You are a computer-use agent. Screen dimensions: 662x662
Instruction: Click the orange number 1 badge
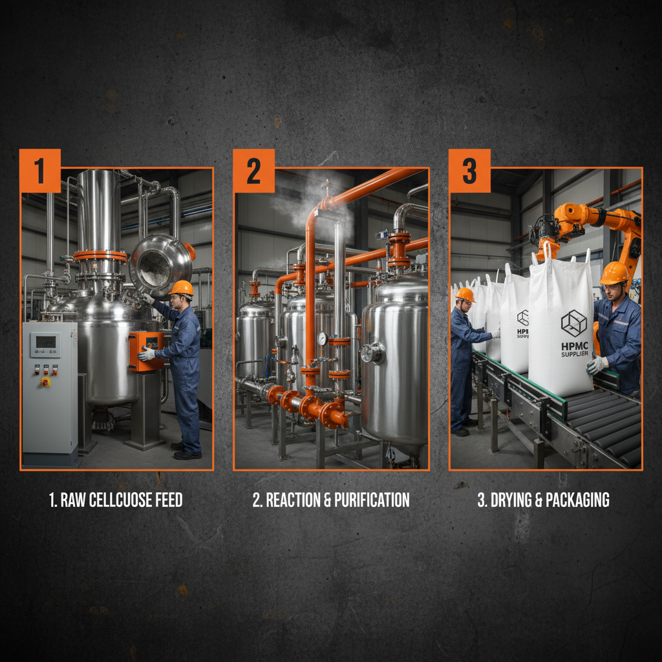point(39,171)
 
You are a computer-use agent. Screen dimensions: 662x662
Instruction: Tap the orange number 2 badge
point(253,171)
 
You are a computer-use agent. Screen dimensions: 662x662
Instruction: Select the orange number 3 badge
point(469,171)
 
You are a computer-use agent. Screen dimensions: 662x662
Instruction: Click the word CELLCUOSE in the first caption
point(118,500)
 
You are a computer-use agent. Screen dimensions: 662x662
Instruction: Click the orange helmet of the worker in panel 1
point(181,288)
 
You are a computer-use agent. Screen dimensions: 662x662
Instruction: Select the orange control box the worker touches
point(146,350)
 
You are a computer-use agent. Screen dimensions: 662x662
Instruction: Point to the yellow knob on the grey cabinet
point(45,381)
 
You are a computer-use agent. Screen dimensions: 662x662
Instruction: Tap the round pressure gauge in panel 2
point(322,339)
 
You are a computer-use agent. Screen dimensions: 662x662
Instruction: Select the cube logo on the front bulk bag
point(573,323)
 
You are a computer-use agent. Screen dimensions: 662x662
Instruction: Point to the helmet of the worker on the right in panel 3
point(614,273)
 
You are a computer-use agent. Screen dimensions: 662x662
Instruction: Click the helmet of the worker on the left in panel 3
point(464,295)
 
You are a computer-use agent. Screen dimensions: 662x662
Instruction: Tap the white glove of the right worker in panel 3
point(596,366)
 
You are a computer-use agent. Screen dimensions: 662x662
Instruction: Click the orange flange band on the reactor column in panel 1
point(100,256)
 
